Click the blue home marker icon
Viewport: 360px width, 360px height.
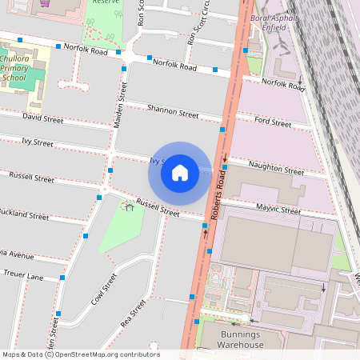[x=180, y=173]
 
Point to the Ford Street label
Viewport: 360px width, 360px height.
[x=273, y=122]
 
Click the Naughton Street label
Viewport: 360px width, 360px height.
[x=276, y=167]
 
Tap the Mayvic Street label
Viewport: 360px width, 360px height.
[x=278, y=210]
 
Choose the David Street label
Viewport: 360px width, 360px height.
[x=42, y=118]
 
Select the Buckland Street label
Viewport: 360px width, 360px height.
[x=24, y=214]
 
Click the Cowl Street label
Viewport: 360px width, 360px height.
[x=104, y=289]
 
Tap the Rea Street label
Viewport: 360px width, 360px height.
[x=133, y=314]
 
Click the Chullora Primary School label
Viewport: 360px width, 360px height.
[x=15, y=68]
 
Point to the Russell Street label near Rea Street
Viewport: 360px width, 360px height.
[x=158, y=209]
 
